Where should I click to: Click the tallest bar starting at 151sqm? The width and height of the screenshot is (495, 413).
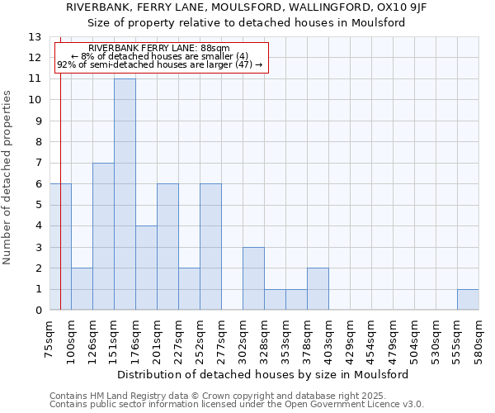tap(125, 194)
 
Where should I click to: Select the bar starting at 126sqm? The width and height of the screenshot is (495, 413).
tap(103, 236)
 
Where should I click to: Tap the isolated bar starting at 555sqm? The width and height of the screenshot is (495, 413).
tap(468, 300)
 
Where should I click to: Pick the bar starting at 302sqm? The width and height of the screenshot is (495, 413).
tap(253, 278)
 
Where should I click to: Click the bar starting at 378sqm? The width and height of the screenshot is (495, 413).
tap(318, 289)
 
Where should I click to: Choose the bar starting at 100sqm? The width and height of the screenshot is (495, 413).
tap(82, 289)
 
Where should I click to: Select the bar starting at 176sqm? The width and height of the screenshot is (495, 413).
tap(146, 268)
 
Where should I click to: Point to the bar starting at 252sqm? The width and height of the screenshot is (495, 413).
tap(210, 247)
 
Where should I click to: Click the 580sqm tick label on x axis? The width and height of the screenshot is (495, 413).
tap(478, 339)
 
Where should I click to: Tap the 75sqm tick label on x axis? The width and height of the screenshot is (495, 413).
tap(50, 339)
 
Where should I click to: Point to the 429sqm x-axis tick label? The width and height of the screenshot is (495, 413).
tap(351, 339)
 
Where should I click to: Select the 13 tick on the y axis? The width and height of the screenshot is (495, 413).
tap(35, 37)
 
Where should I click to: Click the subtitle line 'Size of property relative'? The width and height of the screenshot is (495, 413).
tap(206, 23)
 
